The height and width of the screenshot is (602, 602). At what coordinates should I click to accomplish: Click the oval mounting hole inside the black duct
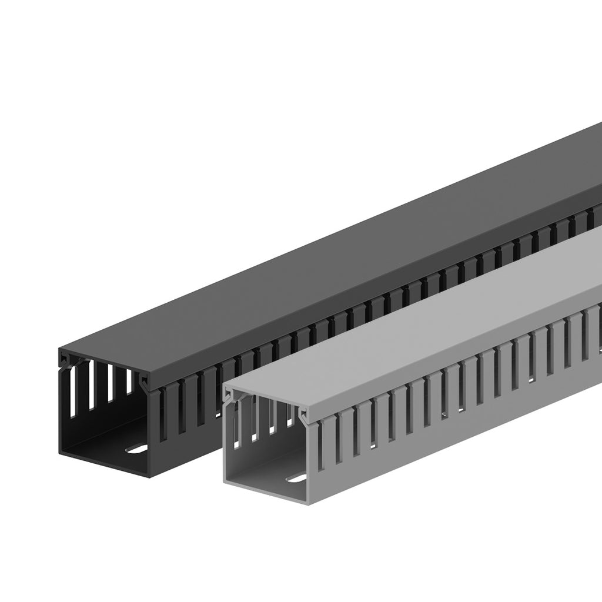coord(137,450)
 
